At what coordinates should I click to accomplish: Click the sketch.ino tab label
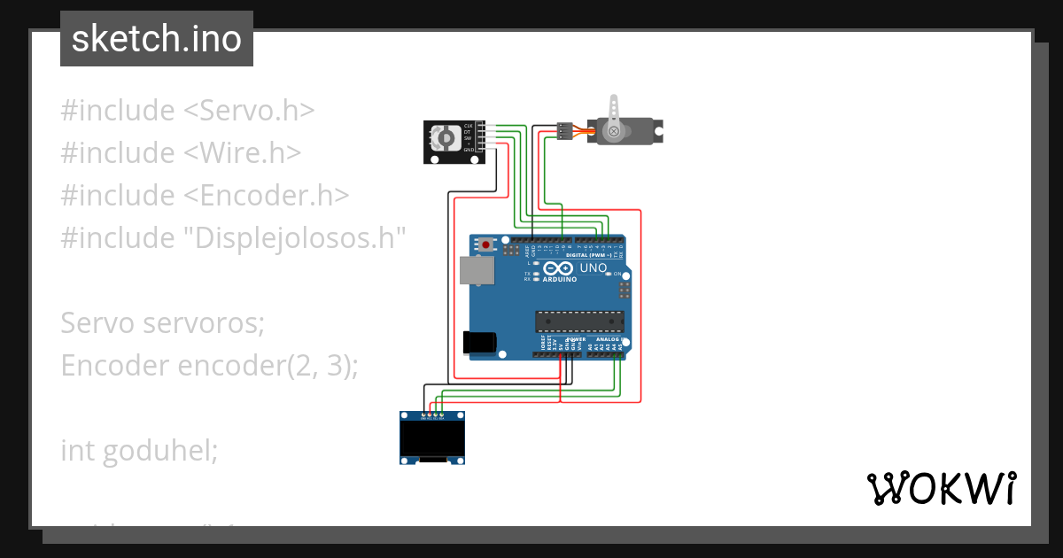click(156, 39)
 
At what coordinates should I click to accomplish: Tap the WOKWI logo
click(941, 488)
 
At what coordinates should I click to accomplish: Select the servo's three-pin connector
click(563, 131)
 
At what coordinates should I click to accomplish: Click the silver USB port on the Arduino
click(477, 270)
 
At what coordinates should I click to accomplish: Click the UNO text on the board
click(593, 268)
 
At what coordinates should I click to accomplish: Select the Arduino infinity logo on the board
click(559, 268)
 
